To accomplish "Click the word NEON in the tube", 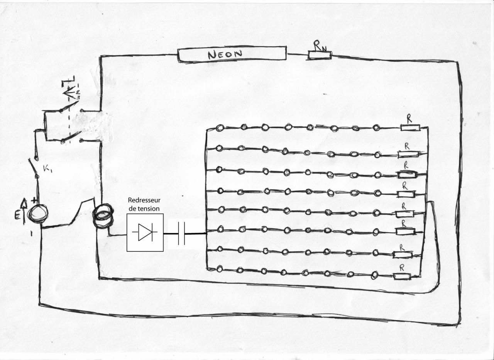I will click(x=225, y=54).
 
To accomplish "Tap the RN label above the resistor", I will click(x=320, y=46).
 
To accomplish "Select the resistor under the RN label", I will click(x=320, y=55).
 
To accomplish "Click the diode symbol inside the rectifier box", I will click(x=145, y=232).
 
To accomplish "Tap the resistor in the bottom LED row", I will click(x=402, y=276).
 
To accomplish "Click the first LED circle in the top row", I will click(x=220, y=128).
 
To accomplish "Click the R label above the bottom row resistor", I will click(x=402, y=267).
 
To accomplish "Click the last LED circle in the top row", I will click(x=376, y=127).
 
